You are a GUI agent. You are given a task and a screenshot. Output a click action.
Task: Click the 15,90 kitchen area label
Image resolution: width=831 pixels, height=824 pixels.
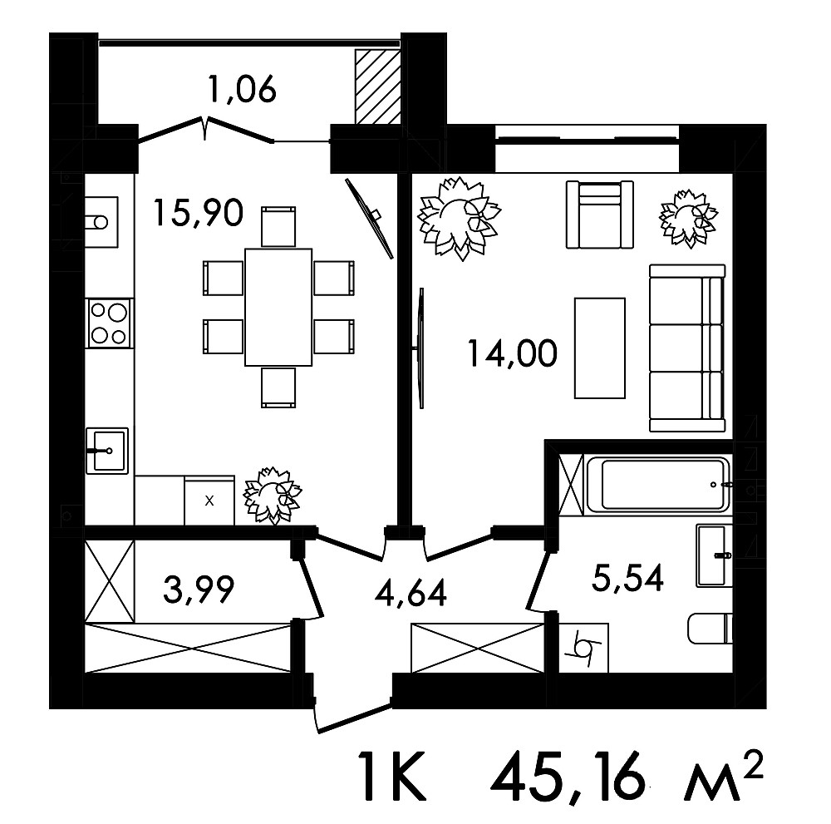tap(199, 212)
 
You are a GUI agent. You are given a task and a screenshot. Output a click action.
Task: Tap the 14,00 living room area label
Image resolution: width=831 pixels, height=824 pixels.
tap(513, 353)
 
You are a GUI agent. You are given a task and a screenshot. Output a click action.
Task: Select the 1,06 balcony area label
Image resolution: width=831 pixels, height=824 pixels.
tap(243, 89)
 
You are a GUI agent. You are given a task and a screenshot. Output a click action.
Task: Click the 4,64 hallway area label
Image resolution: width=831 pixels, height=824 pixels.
tap(411, 593)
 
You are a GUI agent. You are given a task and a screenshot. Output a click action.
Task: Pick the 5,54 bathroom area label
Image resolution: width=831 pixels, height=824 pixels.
tap(627, 578)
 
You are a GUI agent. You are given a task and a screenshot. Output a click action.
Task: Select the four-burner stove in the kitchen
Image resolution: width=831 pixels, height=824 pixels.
tap(110, 323)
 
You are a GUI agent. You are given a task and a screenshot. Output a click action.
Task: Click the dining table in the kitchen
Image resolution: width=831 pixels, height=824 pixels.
tap(278, 307)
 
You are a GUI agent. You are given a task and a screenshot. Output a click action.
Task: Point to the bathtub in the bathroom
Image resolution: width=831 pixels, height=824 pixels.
tap(657, 484)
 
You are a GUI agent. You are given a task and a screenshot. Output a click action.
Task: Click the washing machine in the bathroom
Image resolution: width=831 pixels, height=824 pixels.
tap(584, 648)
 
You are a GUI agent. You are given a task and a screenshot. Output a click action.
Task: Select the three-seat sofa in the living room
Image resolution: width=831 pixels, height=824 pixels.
tap(687, 348)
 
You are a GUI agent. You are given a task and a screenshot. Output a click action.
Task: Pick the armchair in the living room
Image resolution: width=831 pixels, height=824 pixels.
tap(600, 215)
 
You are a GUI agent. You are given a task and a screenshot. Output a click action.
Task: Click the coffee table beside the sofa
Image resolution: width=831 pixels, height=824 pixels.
tap(600, 348)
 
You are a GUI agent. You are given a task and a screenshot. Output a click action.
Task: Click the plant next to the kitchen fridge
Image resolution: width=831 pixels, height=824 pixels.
tap(272, 496)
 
